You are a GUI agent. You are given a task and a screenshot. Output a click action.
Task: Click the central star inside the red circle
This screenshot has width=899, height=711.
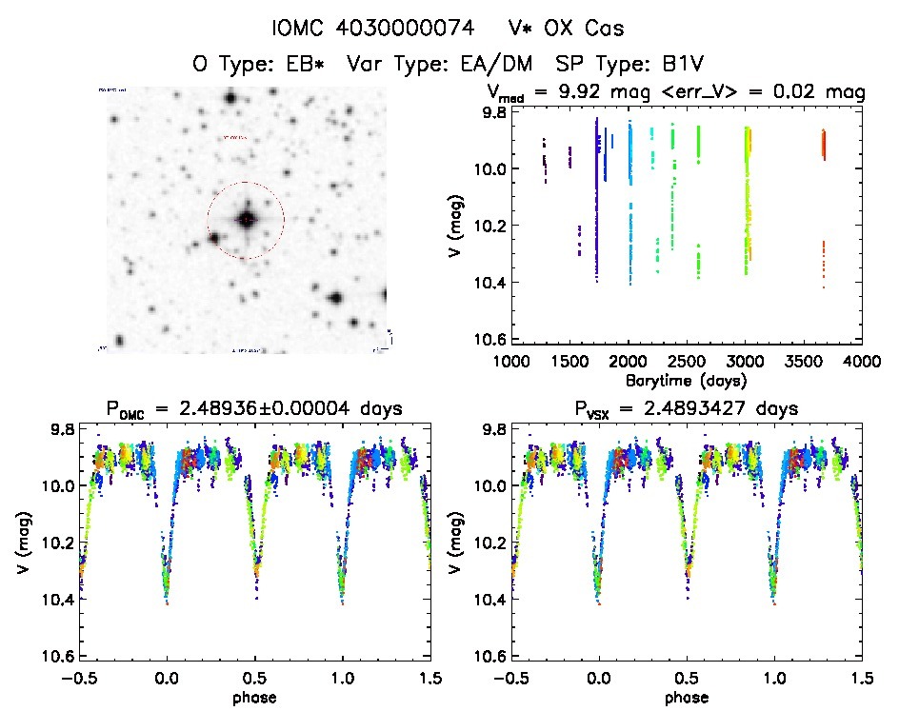coord(246,220)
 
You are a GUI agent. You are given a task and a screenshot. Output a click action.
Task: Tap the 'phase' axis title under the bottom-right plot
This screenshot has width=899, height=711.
coord(686,697)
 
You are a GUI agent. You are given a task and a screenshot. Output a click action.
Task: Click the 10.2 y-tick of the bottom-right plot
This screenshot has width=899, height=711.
coord(487,542)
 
